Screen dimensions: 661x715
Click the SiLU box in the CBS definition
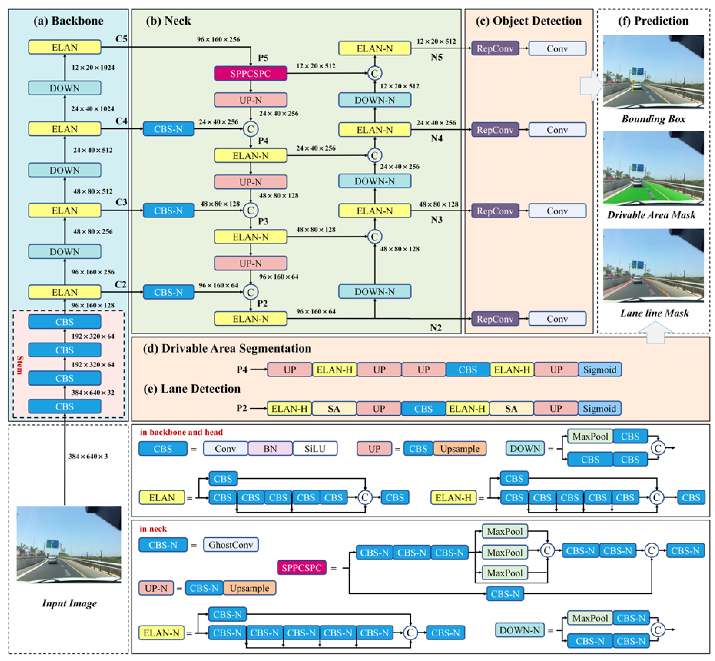point(315,448)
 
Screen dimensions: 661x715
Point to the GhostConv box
point(231,545)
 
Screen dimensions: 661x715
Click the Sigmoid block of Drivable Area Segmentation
point(599,370)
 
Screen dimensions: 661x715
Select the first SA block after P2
point(333,409)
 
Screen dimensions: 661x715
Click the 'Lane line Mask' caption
point(654,313)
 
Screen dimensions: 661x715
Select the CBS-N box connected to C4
point(168,129)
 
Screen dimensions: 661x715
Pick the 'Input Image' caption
point(69,603)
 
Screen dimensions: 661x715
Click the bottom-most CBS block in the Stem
point(64,407)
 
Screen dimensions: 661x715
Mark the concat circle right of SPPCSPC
point(374,73)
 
